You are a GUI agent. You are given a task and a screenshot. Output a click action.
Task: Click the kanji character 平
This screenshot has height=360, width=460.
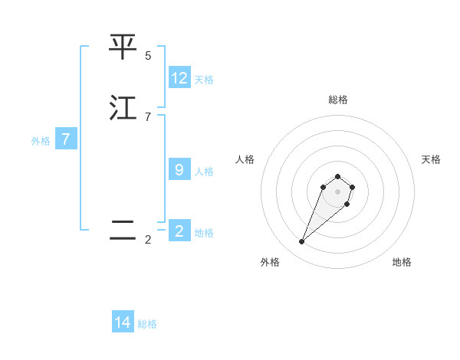[123, 47]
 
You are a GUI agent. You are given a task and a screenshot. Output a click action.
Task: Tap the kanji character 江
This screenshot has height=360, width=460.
[123, 108]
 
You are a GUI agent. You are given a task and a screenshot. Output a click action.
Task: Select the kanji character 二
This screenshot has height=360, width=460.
[123, 231]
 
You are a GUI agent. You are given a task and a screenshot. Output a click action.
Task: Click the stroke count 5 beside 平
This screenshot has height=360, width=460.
[148, 56]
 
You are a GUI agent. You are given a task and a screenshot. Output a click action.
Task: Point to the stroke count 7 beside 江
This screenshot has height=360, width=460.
[148, 117]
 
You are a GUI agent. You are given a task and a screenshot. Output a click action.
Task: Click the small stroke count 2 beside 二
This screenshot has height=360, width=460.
[148, 240]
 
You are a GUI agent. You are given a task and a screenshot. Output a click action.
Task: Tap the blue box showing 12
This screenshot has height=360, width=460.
[179, 78]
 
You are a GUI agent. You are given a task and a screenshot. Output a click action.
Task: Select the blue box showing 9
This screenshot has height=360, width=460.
[179, 170]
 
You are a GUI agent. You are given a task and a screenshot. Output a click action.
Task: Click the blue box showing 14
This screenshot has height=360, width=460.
[123, 322]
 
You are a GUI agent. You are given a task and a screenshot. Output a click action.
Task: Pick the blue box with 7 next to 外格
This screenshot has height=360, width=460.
[66, 139]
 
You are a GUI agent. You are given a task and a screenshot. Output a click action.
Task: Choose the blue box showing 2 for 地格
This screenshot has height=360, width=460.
[179, 231]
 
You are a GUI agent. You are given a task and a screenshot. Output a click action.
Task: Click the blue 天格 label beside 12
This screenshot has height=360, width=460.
[204, 80]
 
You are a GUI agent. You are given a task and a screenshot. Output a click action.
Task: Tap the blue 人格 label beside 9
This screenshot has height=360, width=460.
[204, 172]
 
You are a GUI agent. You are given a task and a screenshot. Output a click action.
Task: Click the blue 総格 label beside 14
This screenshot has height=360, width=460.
[147, 324]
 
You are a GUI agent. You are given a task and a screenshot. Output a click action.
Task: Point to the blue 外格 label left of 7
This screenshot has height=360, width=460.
[41, 141]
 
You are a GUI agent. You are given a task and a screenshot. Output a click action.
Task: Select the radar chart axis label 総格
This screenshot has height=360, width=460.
[337, 100]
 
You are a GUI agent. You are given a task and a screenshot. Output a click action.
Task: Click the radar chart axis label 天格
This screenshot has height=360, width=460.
[431, 159]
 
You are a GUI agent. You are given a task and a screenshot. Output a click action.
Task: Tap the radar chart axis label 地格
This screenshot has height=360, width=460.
[402, 262]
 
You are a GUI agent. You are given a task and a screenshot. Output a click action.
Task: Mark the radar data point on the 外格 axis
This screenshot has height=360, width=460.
[302, 242]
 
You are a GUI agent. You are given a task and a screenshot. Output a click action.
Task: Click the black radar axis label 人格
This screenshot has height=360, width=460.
[245, 159]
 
